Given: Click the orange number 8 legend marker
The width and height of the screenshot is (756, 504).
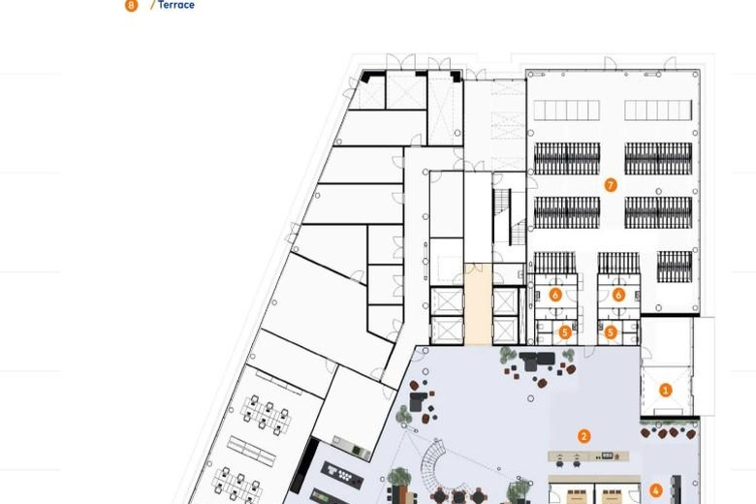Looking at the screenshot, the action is click(131, 5).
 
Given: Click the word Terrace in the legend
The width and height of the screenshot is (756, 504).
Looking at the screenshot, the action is click(176, 5).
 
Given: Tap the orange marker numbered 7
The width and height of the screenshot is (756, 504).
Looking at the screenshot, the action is click(611, 185).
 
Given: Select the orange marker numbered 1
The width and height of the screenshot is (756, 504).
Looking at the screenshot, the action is click(665, 390).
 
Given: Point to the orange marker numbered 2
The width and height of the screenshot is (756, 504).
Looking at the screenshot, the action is click(583, 436).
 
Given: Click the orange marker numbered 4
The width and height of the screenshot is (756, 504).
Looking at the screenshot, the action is click(655, 490).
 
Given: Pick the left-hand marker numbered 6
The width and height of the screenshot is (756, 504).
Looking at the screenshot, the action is click(555, 295).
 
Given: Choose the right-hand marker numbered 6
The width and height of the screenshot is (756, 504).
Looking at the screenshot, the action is click(618, 295).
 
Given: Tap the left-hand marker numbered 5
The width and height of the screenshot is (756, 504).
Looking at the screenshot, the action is click(565, 331).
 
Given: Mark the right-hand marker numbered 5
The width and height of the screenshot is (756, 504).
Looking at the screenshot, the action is click(611, 331).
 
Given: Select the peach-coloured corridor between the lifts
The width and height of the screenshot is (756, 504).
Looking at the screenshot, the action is click(478, 303).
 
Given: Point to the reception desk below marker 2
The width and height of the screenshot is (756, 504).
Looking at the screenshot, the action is click(588, 456).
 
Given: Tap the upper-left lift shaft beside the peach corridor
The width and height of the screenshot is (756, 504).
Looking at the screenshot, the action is click(447, 301).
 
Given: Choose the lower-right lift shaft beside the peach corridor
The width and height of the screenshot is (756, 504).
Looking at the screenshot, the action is click(505, 331).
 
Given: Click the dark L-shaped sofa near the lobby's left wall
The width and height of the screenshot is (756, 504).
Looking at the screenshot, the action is click(418, 401).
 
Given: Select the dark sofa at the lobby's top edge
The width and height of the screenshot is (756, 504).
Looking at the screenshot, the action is click(537, 361).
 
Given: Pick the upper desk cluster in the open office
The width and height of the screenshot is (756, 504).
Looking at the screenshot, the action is click(266, 412).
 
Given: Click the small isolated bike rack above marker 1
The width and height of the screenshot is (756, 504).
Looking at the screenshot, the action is click(674, 267).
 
